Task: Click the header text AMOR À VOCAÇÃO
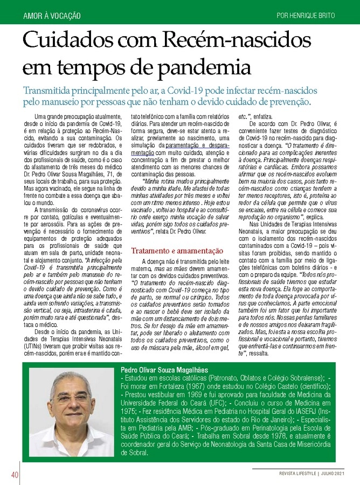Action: click(52, 15)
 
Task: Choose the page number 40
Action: click(11, 474)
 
